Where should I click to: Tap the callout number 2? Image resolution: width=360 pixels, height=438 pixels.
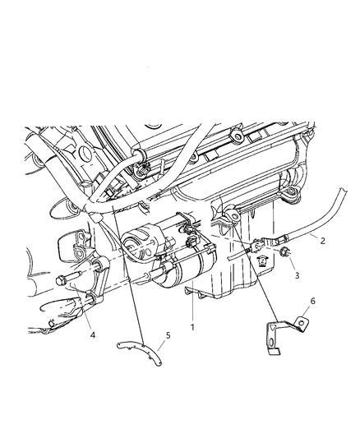point(323,242)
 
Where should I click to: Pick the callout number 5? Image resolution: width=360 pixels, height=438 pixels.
point(168,359)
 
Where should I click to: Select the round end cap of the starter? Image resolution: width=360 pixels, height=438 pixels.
point(134,247)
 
